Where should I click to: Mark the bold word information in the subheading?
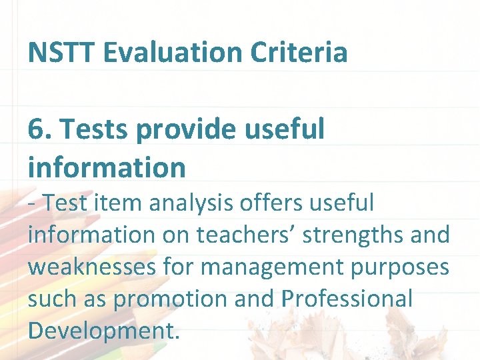click(x=107, y=167)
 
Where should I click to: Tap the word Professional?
click(x=347, y=298)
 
